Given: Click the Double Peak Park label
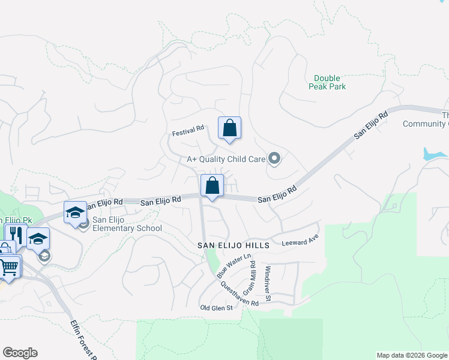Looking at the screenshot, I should (x=327, y=82).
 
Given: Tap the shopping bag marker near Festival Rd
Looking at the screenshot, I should (x=229, y=128).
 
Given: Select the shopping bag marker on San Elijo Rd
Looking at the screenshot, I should (x=212, y=185).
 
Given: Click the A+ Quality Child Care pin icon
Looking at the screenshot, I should (x=275, y=159).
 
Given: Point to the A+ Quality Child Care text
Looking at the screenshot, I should (x=226, y=159).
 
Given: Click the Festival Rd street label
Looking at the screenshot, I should (x=188, y=128).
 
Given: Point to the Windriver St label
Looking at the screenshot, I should (x=268, y=283).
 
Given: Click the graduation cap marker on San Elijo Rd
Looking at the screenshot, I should (x=76, y=212).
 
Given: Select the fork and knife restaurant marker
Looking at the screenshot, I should (x=16, y=235).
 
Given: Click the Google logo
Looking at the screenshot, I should (x=20, y=353).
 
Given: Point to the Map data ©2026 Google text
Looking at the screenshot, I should (x=411, y=355).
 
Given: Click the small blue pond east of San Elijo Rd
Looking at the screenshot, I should (x=433, y=154).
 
